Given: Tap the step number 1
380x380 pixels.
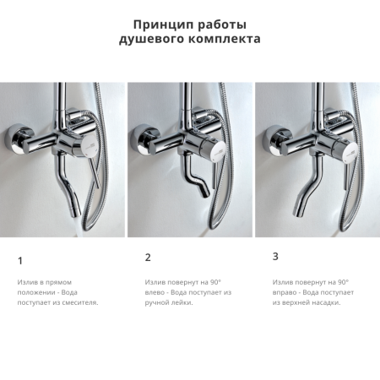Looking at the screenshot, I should (x=20, y=261).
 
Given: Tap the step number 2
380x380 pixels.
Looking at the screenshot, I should (x=148, y=258).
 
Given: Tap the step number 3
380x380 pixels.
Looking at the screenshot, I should (x=275, y=256).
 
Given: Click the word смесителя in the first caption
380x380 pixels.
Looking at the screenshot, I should (x=80, y=301).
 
